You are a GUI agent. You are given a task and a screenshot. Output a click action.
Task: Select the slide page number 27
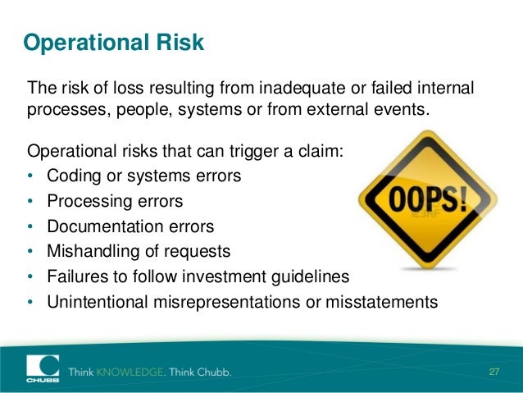493,372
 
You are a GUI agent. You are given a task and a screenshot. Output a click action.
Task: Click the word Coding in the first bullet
71,176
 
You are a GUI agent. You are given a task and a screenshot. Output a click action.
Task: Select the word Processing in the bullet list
88,201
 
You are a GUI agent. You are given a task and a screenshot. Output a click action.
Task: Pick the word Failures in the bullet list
76,276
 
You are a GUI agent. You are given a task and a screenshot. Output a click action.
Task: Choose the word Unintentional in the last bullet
97,302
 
